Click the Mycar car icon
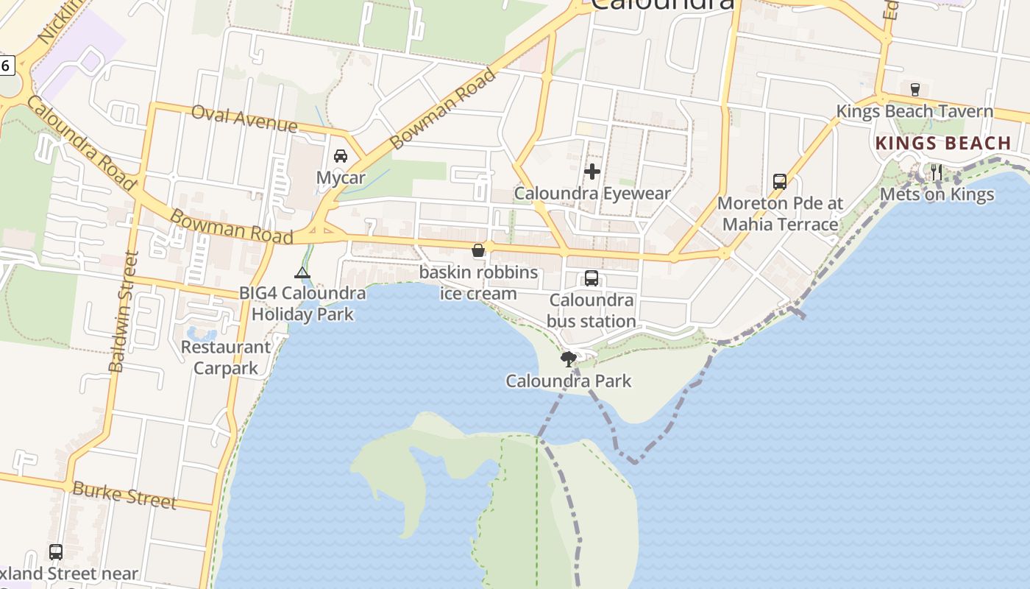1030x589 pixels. pyautogui.click(x=341, y=156)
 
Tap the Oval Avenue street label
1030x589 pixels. pyautogui.click(x=244, y=118)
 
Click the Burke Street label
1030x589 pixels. pyautogui.click(x=124, y=495)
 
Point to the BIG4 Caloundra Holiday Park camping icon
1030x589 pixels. pyautogui.click(x=302, y=273)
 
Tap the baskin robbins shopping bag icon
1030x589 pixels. pyautogui.click(x=478, y=251)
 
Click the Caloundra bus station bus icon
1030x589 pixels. pyautogui.click(x=592, y=278)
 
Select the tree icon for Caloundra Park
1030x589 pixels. pyautogui.click(x=568, y=359)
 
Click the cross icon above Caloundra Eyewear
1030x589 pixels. pyautogui.click(x=592, y=172)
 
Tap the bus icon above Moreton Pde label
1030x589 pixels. pyautogui.click(x=780, y=181)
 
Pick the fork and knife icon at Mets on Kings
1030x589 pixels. pyautogui.click(x=937, y=173)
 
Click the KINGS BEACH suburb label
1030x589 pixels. pyautogui.click(x=943, y=144)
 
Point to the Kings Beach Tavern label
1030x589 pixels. pyautogui.click(x=914, y=112)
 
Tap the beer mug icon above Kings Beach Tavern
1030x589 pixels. pyautogui.click(x=915, y=90)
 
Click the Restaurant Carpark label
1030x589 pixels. pyautogui.click(x=226, y=357)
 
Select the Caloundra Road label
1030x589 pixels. pyautogui.click(x=81, y=143)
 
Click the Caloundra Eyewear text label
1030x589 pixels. pyautogui.click(x=592, y=194)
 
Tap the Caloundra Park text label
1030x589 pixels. pyautogui.click(x=568, y=381)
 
